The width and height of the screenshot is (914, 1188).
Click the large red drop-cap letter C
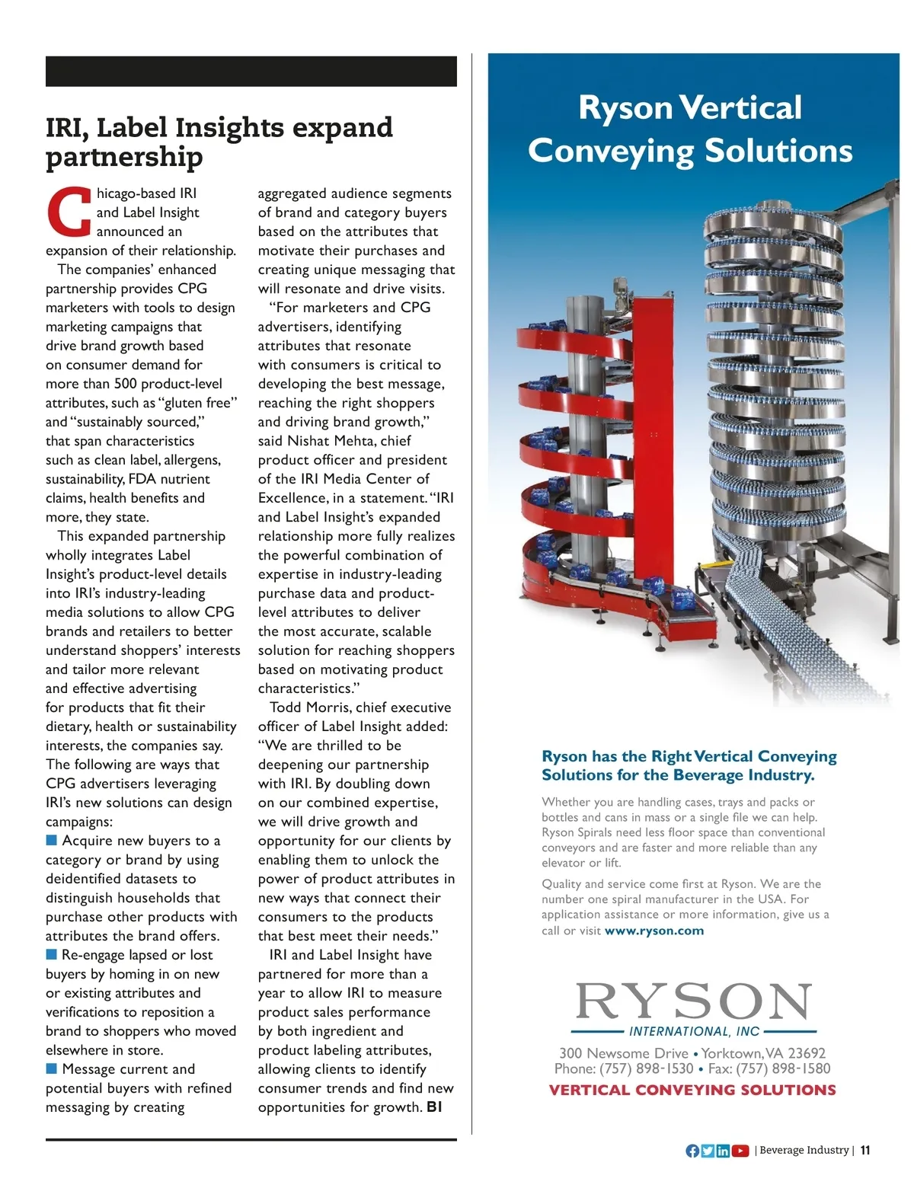69,211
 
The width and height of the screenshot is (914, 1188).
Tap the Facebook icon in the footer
692,1151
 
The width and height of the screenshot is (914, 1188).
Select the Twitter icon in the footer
708,1151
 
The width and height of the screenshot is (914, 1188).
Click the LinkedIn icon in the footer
723,1151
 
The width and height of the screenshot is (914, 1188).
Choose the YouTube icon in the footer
740,1151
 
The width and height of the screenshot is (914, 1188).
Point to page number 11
865,1151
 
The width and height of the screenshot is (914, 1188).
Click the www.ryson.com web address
654,931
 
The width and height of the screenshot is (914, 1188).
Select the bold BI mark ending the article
434,1107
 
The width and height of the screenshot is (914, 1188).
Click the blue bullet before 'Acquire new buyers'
52,840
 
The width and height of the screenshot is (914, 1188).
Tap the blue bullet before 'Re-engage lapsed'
52,954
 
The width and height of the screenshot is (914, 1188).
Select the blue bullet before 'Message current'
52,1068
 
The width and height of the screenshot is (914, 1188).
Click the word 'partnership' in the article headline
124,157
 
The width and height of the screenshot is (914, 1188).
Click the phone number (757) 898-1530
646,1069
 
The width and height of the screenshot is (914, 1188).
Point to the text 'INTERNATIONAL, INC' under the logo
694,1032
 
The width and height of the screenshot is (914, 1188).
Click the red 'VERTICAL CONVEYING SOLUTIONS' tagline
692,1091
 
